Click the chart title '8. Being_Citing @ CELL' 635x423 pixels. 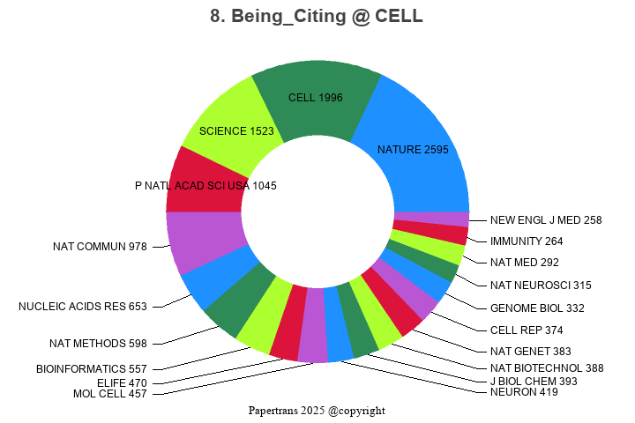click(x=317, y=16)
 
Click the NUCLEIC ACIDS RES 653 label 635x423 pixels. click(x=83, y=307)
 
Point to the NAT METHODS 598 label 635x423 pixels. click(x=98, y=344)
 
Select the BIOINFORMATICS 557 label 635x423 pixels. click(x=92, y=368)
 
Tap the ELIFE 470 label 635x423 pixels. click(x=122, y=383)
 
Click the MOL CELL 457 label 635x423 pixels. click(x=109, y=393)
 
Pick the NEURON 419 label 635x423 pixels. click(x=524, y=392)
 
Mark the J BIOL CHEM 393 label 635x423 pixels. click(x=534, y=382)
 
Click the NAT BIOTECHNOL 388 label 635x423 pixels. click(x=547, y=368)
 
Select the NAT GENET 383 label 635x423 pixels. click(x=531, y=351)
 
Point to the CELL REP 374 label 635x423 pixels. click(x=527, y=330)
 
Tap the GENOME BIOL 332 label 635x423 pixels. click(x=537, y=308)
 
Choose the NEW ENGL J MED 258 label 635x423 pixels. click(x=546, y=219)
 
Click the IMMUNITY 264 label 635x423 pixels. click(x=527, y=241)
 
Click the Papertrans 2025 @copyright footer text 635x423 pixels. click(x=317, y=411)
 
